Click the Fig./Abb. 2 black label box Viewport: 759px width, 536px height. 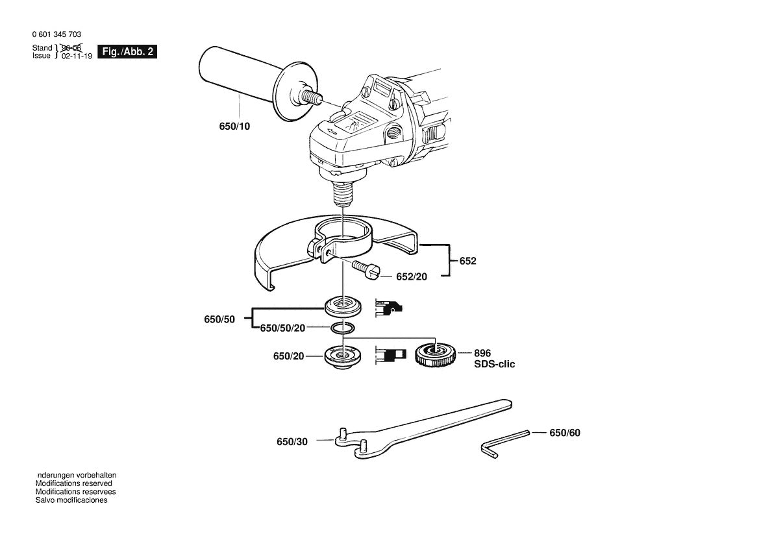(x=127, y=52)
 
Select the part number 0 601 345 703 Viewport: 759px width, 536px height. (x=56, y=34)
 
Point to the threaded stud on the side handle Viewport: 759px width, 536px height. (x=314, y=96)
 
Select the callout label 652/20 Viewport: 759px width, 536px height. (x=412, y=277)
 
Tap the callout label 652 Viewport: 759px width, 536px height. (x=467, y=261)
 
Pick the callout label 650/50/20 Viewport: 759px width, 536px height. (x=282, y=328)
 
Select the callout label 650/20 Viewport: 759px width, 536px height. (x=289, y=356)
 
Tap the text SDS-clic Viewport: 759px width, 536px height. (x=494, y=365)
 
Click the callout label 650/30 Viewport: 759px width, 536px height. (x=292, y=441)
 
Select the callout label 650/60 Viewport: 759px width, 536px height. (x=564, y=432)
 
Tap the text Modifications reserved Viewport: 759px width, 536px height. (x=73, y=483)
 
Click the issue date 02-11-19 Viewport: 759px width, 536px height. (x=77, y=56)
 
